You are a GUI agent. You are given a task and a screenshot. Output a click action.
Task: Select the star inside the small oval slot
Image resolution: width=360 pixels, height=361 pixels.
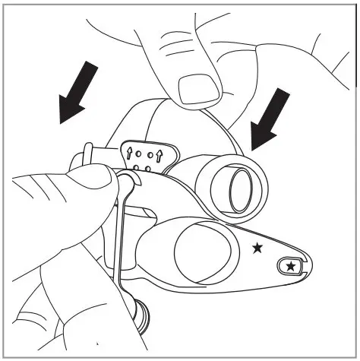[292, 265]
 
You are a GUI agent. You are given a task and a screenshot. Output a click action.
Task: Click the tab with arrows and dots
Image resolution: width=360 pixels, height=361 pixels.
[148, 156]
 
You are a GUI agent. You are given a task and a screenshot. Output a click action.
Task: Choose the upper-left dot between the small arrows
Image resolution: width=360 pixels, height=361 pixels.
[140, 153]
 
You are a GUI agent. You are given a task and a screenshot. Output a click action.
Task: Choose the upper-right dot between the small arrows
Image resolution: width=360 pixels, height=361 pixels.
[150, 154]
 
